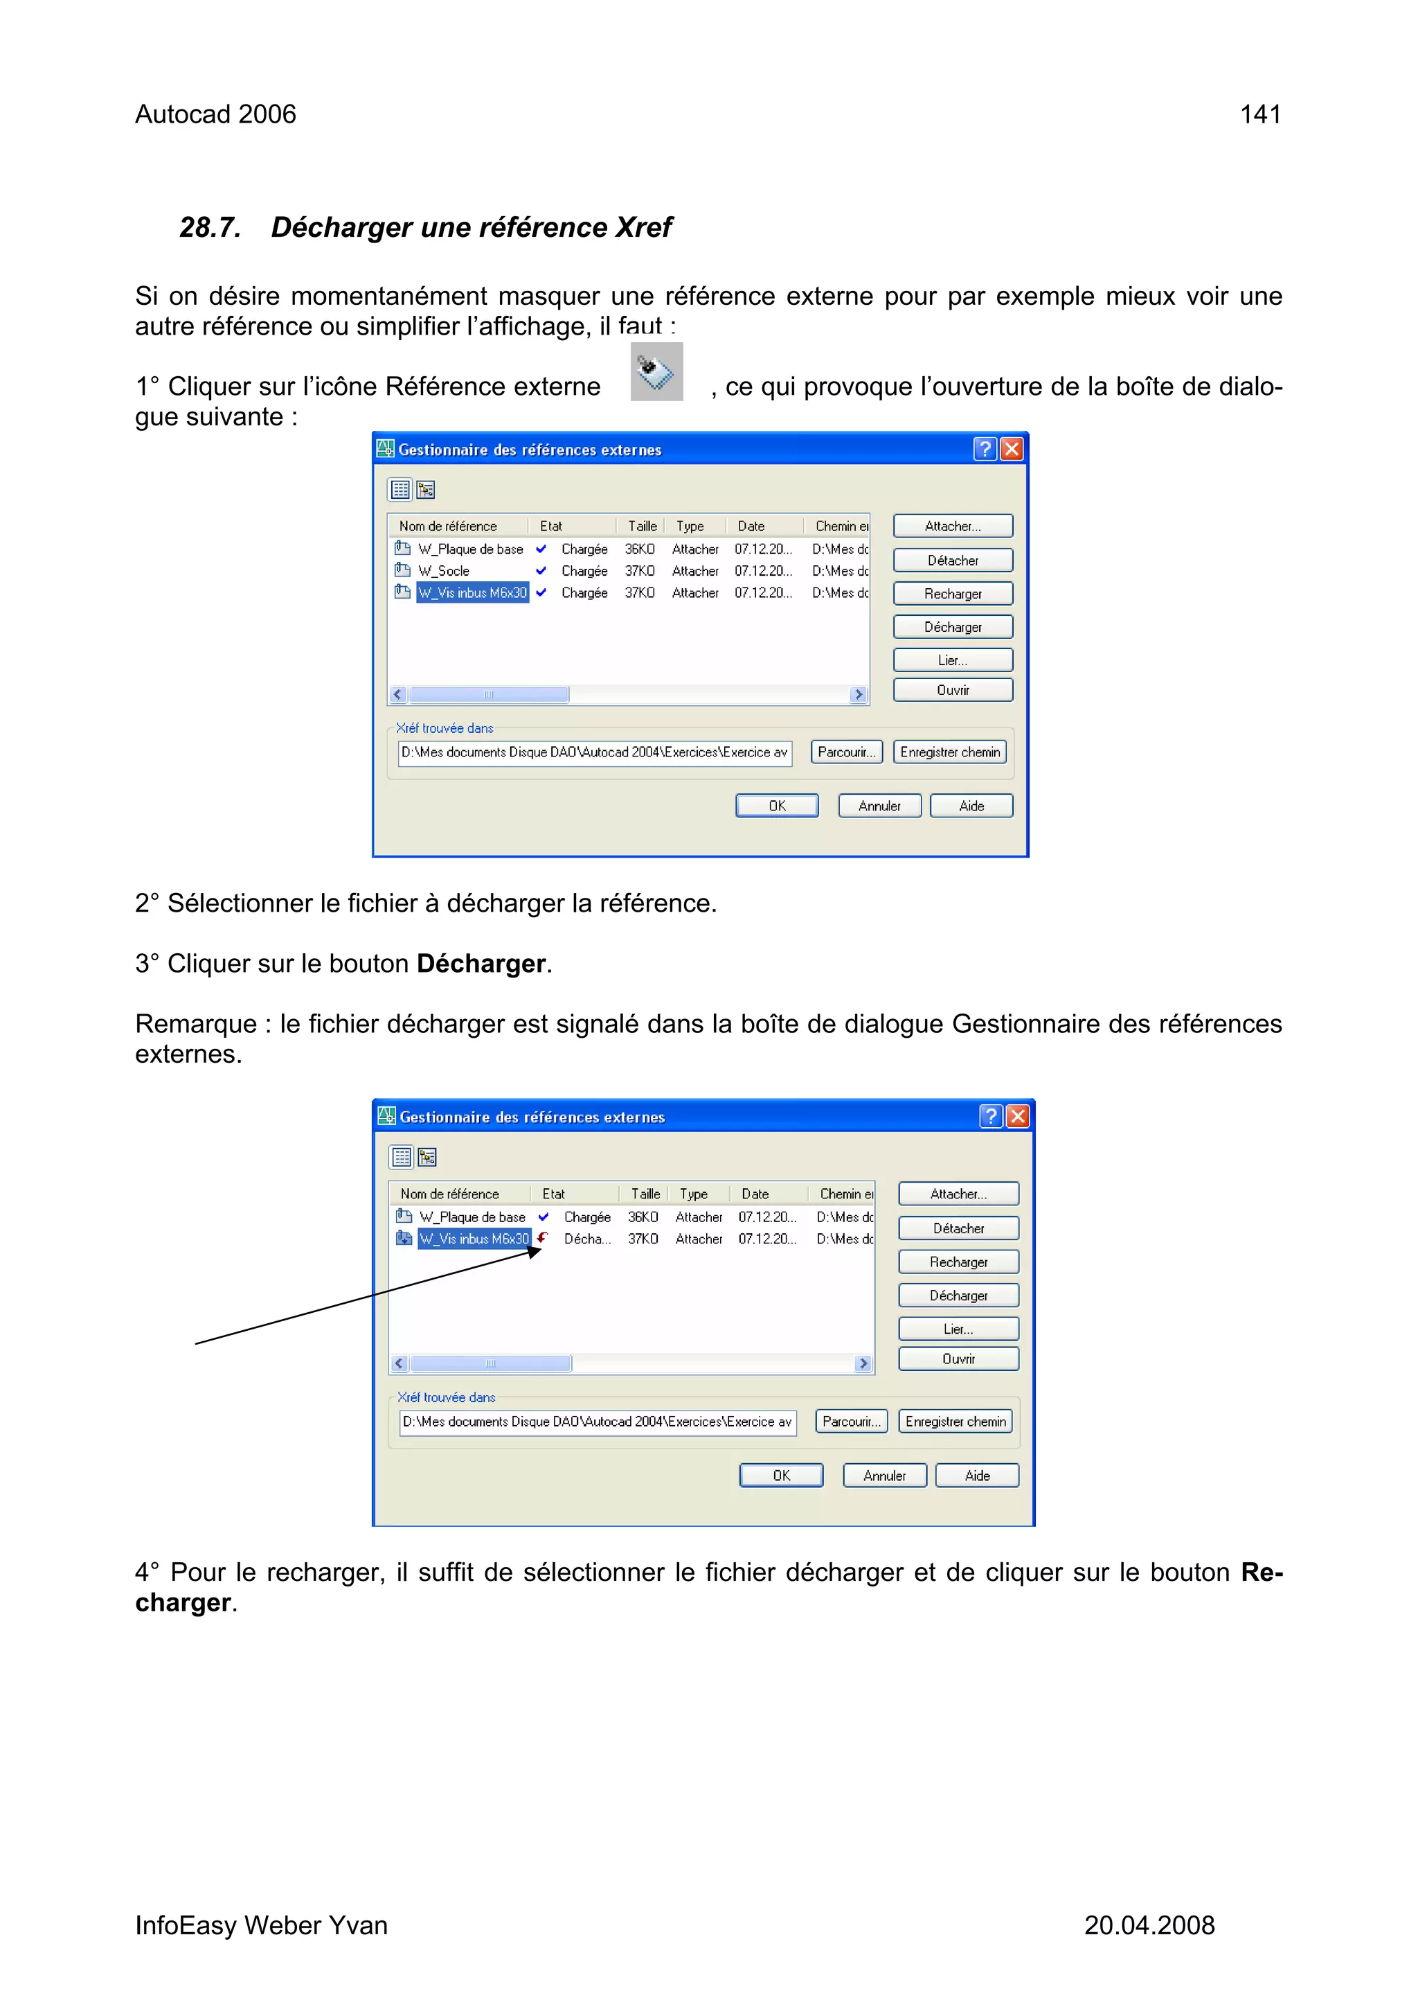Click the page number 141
pos(1260,114)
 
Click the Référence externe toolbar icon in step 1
pos(656,373)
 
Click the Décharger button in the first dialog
pos(952,627)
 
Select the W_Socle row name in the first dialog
pos(444,571)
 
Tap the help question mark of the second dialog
pos(990,1116)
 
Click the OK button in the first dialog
pos(777,806)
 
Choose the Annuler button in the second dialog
pos(884,1476)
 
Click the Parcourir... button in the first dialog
pos(845,752)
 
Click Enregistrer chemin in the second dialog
pos(955,1422)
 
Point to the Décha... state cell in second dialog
pos(586,1239)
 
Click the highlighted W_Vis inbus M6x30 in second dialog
pos(474,1239)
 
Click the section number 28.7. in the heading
pos(210,227)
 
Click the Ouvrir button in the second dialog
pos(958,1359)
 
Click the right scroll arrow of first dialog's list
pos(858,694)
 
